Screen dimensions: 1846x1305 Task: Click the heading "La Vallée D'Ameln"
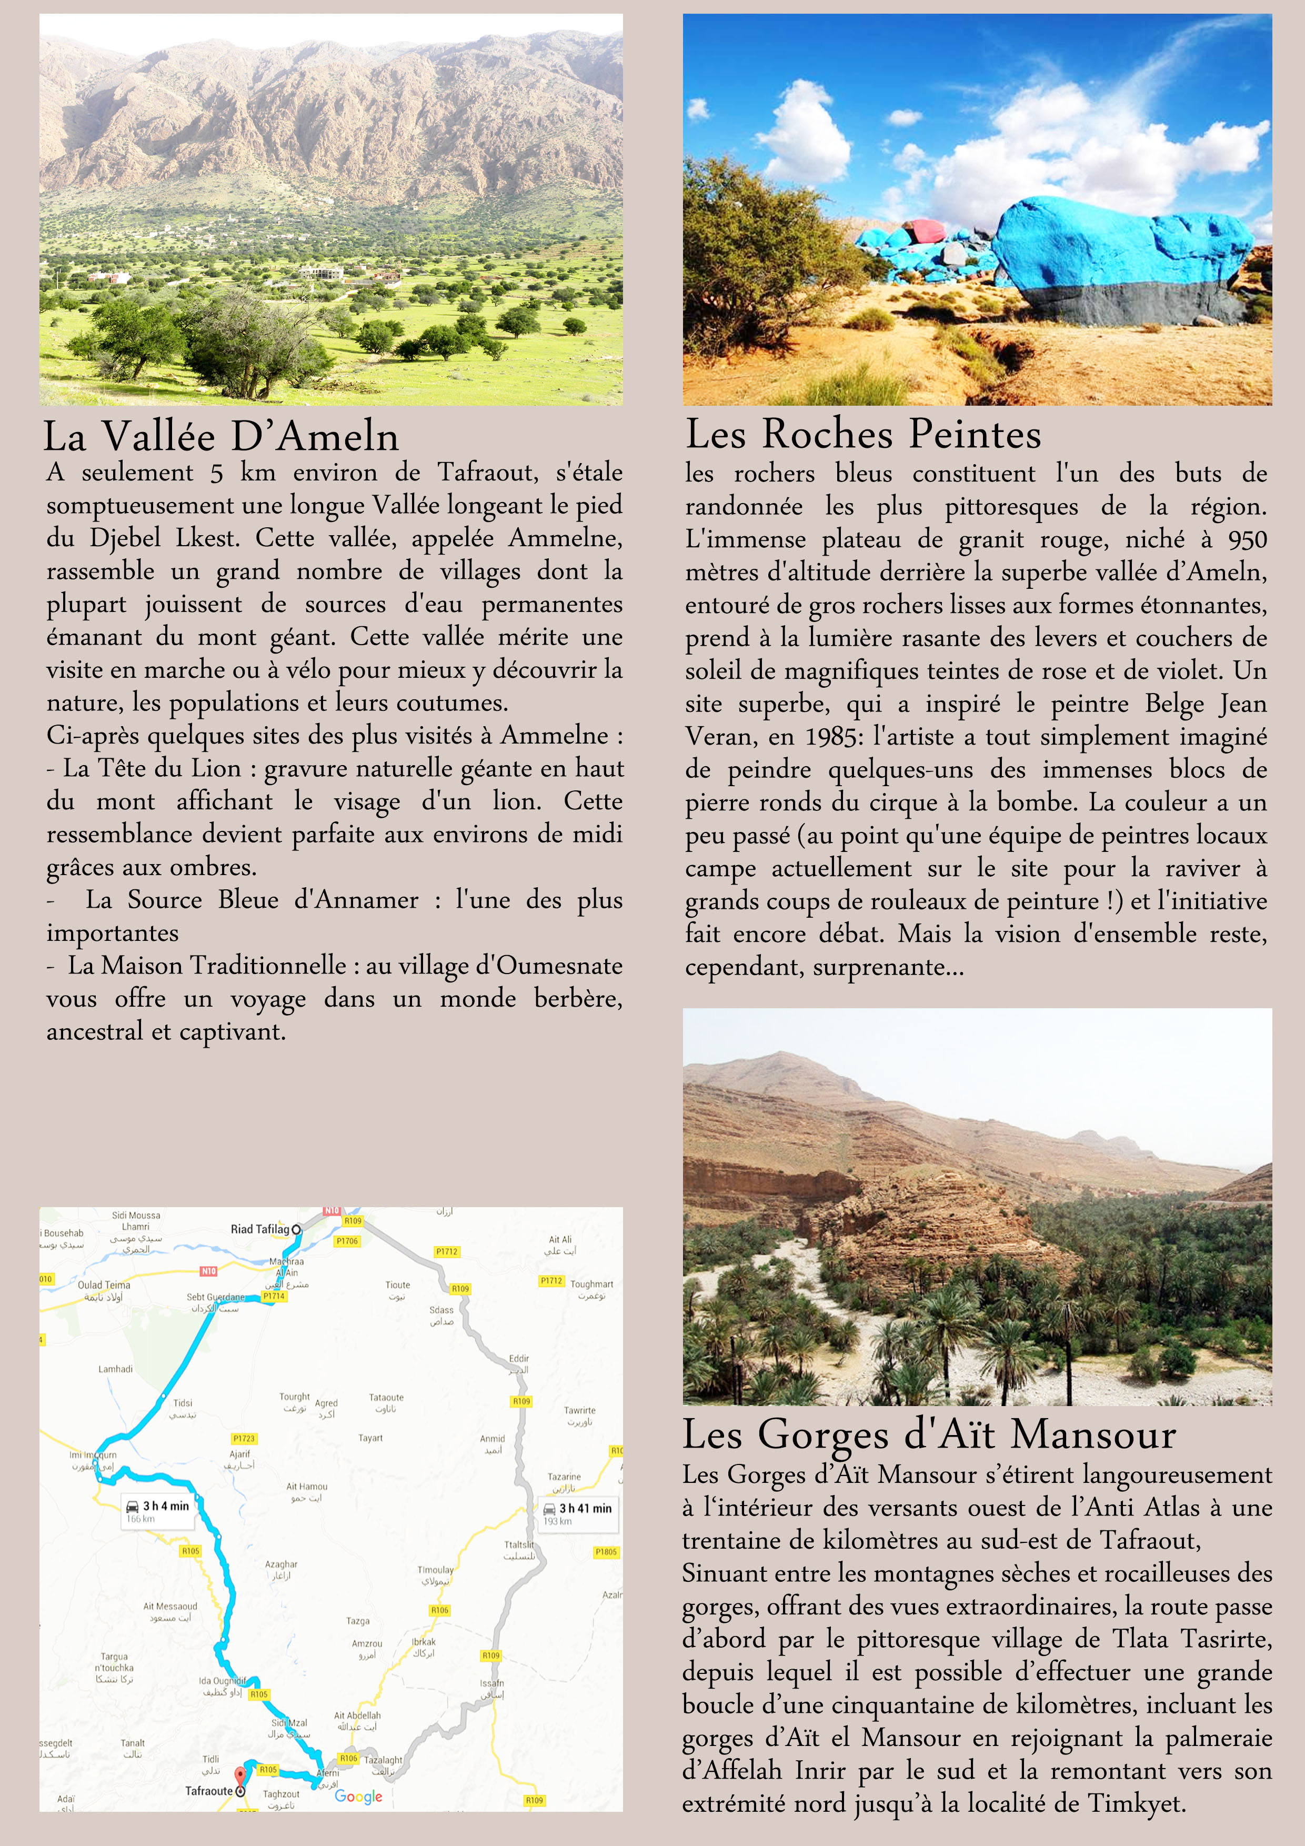[x=220, y=437]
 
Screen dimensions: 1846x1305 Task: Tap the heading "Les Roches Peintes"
[x=863, y=434]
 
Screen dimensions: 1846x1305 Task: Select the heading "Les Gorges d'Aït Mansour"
[x=929, y=1435]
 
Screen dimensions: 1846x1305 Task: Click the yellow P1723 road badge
[x=244, y=1438]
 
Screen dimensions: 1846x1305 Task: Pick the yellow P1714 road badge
[x=274, y=1297]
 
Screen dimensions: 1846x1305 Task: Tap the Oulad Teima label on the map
[x=104, y=1285]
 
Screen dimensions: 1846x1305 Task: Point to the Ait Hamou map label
[x=306, y=1487]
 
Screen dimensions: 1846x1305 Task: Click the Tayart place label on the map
[x=370, y=1438]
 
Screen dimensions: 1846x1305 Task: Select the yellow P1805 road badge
[x=606, y=1552]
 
